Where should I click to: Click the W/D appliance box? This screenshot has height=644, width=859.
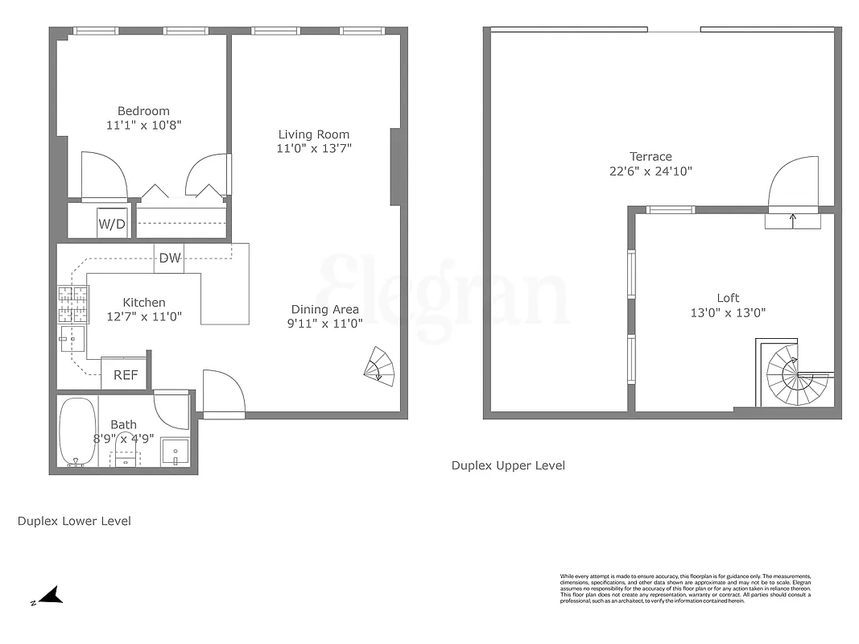click(x=112, y=223)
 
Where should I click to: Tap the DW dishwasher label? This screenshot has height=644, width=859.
click(x=169, y=258)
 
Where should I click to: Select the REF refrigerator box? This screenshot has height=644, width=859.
click(x=124, y=374)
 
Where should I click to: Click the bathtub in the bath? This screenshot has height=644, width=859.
click(x=78, y=431)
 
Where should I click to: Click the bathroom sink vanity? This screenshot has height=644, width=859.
click(x=175, y=452)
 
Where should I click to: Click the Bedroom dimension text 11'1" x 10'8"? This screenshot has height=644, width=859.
click(x=143, y=126)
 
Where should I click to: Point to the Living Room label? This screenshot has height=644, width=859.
click(x=314, y=134)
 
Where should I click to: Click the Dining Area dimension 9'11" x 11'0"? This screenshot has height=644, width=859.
click(x=324, y=324)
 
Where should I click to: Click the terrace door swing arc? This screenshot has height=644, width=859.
click(x=792, y=181)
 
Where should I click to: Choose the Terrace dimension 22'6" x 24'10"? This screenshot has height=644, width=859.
click(x=650, y=171)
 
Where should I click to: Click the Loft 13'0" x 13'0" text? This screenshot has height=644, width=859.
click(x=728, y=312)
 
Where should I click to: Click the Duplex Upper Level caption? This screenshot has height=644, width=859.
click(x=508, y=465)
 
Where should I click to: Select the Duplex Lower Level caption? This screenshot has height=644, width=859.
click(x=74, y=521)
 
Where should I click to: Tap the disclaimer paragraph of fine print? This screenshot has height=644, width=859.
click(x=685, y=588)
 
